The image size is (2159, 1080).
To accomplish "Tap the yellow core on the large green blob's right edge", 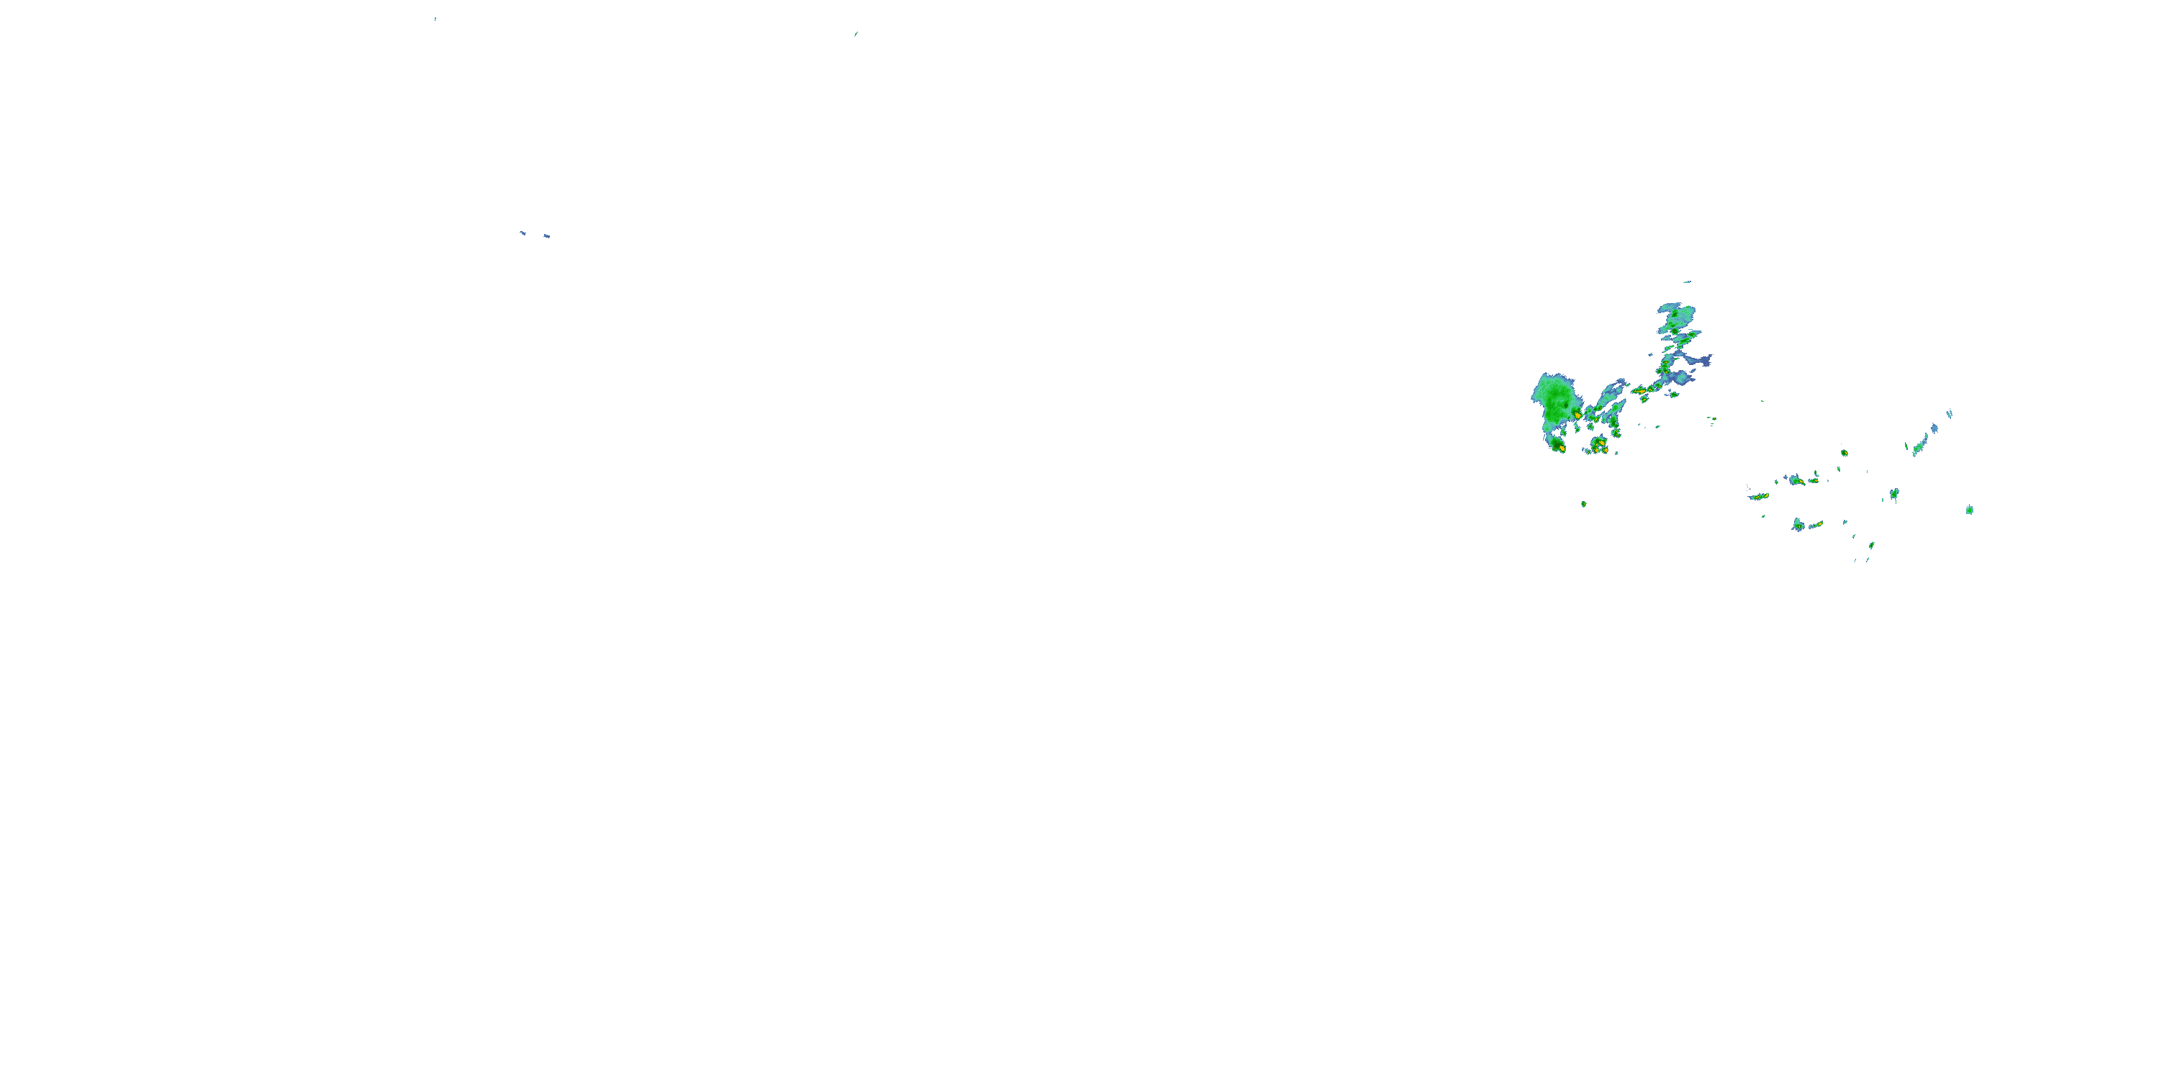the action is coord(1578,414).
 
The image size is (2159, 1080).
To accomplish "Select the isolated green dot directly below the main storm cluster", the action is coord(1583,504).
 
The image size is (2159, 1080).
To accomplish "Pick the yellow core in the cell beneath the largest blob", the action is coord(1560,449).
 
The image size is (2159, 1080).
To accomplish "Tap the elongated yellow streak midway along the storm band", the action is coord(1639,390).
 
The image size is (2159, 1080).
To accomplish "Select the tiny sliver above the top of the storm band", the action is coord(1686,282).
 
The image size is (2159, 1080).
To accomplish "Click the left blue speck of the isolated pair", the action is coord(522,233).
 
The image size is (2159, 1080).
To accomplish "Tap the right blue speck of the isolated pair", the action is coord(546,236).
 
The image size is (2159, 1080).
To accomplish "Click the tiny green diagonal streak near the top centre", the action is coord(855,35).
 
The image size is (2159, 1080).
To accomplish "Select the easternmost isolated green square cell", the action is coord(1970,510).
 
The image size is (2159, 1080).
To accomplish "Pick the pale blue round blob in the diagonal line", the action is coord(1934,428).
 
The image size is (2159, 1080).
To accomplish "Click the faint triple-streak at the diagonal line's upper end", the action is coord(1950,413).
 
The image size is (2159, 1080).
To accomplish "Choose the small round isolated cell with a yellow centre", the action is coord(1844,453).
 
